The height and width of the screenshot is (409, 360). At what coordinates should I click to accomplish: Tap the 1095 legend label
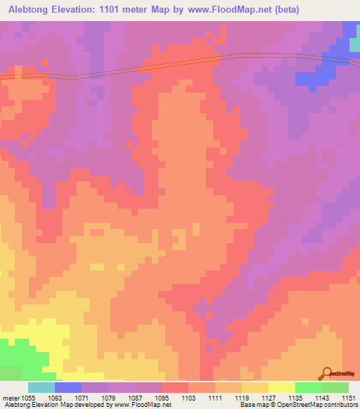coord(162,397)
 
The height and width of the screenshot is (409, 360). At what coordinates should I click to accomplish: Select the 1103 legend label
coord(188,397)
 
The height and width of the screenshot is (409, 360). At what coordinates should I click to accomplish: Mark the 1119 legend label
coord(242,397)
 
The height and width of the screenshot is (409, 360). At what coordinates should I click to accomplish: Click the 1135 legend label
coord(295,397)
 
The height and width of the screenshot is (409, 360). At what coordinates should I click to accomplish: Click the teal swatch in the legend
coord(41,387)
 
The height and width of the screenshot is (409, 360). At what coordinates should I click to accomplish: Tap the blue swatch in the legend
coord(68,387)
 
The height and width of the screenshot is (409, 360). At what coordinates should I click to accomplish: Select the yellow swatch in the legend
coord(282,387)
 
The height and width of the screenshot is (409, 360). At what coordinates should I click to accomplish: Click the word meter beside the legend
coord(9,397)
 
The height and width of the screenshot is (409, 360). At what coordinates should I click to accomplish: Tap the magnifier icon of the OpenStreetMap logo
coord(326,372)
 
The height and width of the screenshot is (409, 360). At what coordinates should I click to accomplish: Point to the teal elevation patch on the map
coord(354,44)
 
